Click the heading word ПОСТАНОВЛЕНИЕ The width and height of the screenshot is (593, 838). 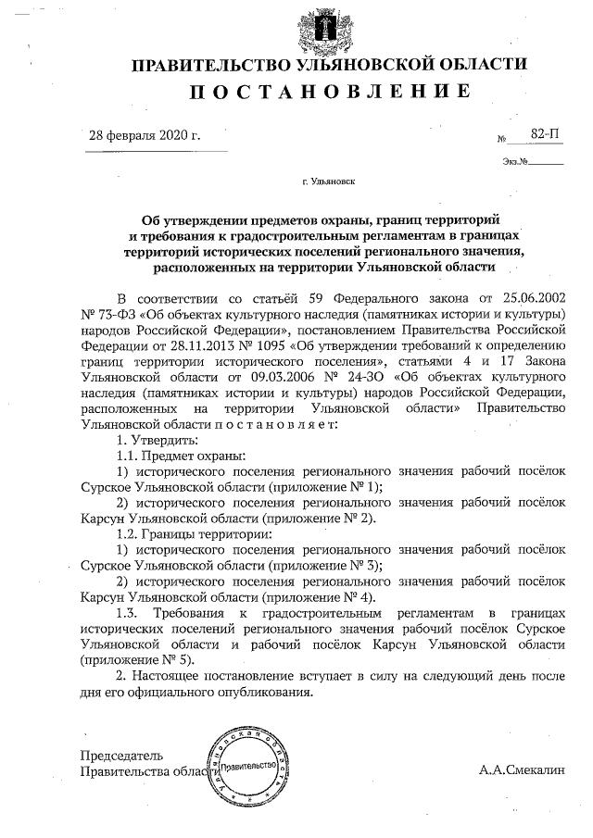click(x=330, y=91)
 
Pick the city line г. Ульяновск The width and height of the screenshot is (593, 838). click(x=327, y=184)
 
